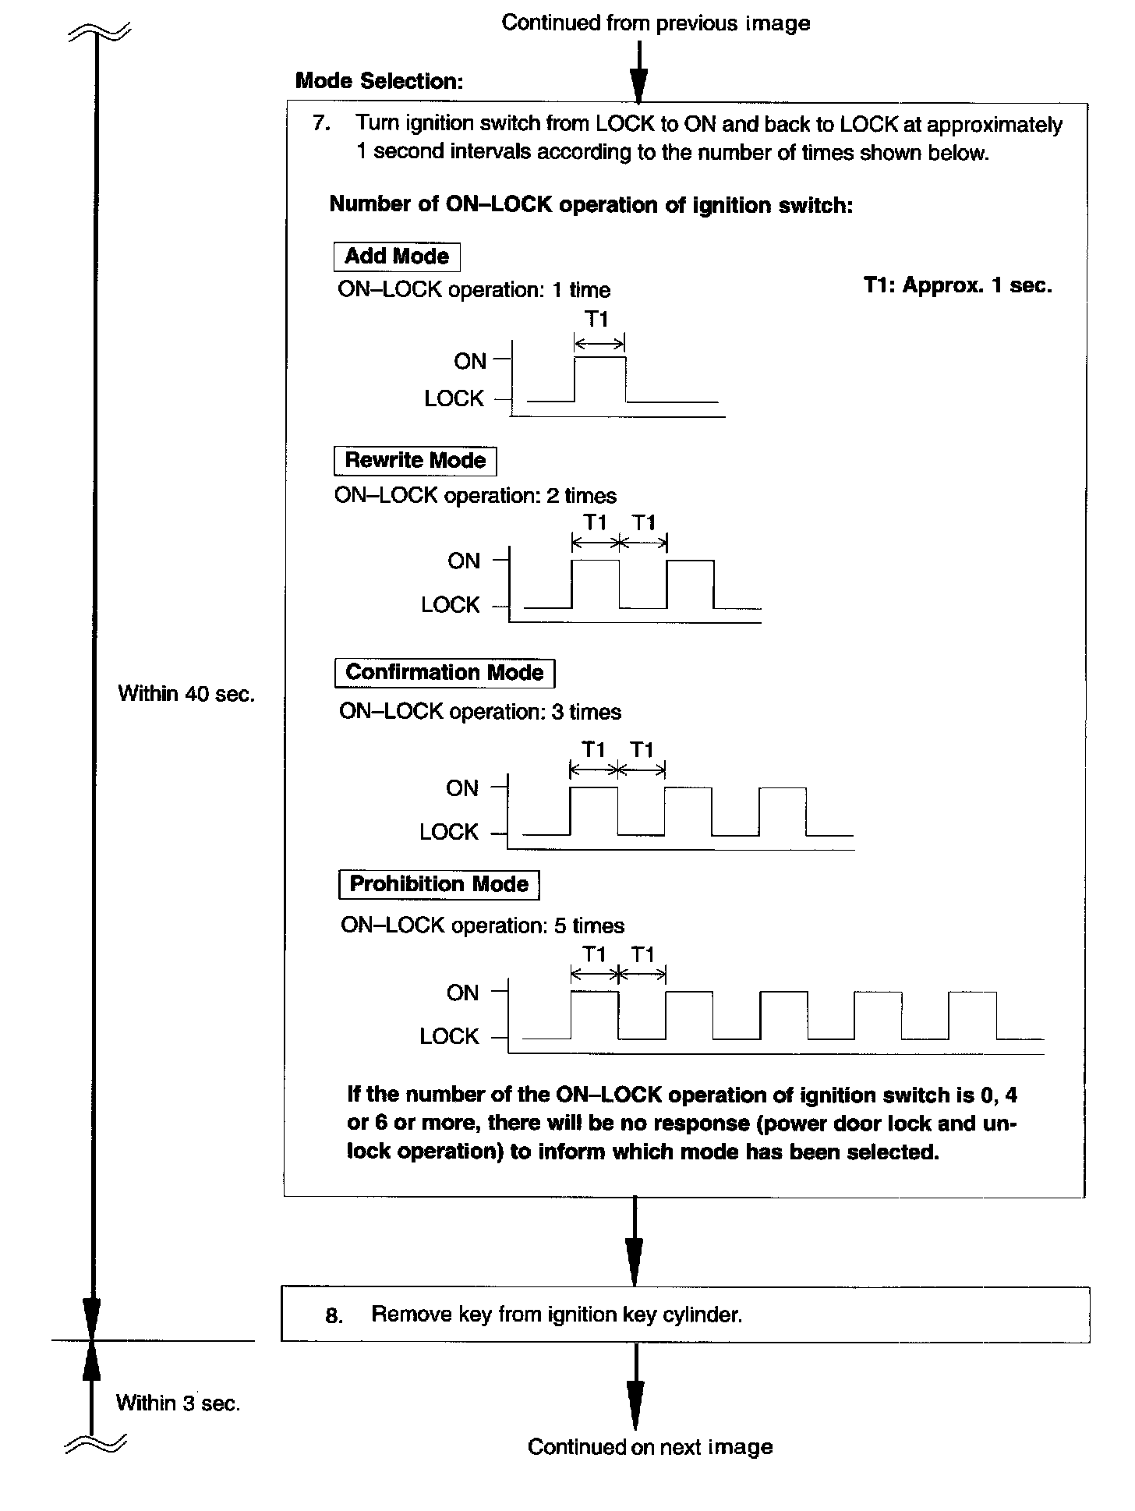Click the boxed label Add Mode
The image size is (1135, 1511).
397,257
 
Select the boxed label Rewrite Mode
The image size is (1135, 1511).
415,461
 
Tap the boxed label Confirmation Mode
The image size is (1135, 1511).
444,673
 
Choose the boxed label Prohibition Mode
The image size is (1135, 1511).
439,884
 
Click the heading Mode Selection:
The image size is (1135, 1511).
380,81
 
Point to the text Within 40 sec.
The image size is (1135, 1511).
186,694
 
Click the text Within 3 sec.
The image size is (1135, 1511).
178,1403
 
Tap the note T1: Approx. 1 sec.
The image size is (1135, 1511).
957,285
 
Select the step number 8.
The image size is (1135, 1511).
334,1316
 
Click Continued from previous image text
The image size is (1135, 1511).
656,23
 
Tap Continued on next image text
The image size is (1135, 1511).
650,1447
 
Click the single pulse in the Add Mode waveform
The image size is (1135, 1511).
599,380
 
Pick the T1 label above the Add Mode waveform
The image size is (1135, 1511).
596,319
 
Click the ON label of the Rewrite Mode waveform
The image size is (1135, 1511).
464,561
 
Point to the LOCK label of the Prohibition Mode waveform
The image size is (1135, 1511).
449,1036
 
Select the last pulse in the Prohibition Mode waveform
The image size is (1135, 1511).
972,1014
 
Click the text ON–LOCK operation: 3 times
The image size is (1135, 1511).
480,712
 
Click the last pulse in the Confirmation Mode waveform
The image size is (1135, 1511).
783,811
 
